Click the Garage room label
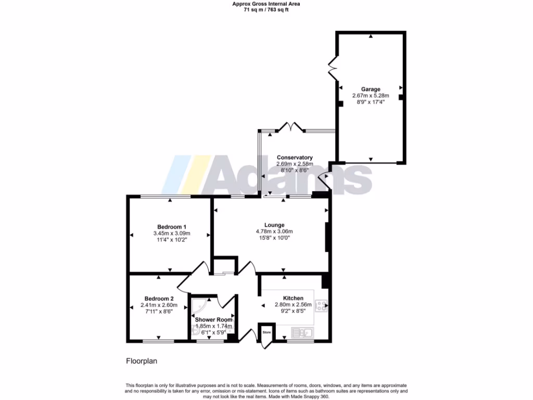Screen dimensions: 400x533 (x=370, y=89)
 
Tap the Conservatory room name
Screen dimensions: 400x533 (x=294, y=157)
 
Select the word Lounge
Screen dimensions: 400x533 (x=274, y=225)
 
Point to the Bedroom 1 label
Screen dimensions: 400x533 (x=172, y=227)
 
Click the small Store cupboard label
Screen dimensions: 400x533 (x=266, y=332)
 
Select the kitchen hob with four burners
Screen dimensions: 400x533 (x=321, y=306)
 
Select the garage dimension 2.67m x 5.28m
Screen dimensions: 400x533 (x=370, y=96)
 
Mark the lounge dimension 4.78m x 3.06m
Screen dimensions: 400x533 (x=274, y=232)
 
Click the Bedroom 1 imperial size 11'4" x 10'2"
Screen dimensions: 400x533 (x=172, y=240)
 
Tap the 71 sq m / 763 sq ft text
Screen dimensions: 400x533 (x=266, y=9)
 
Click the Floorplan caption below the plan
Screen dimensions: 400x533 (x=142, y=360)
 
